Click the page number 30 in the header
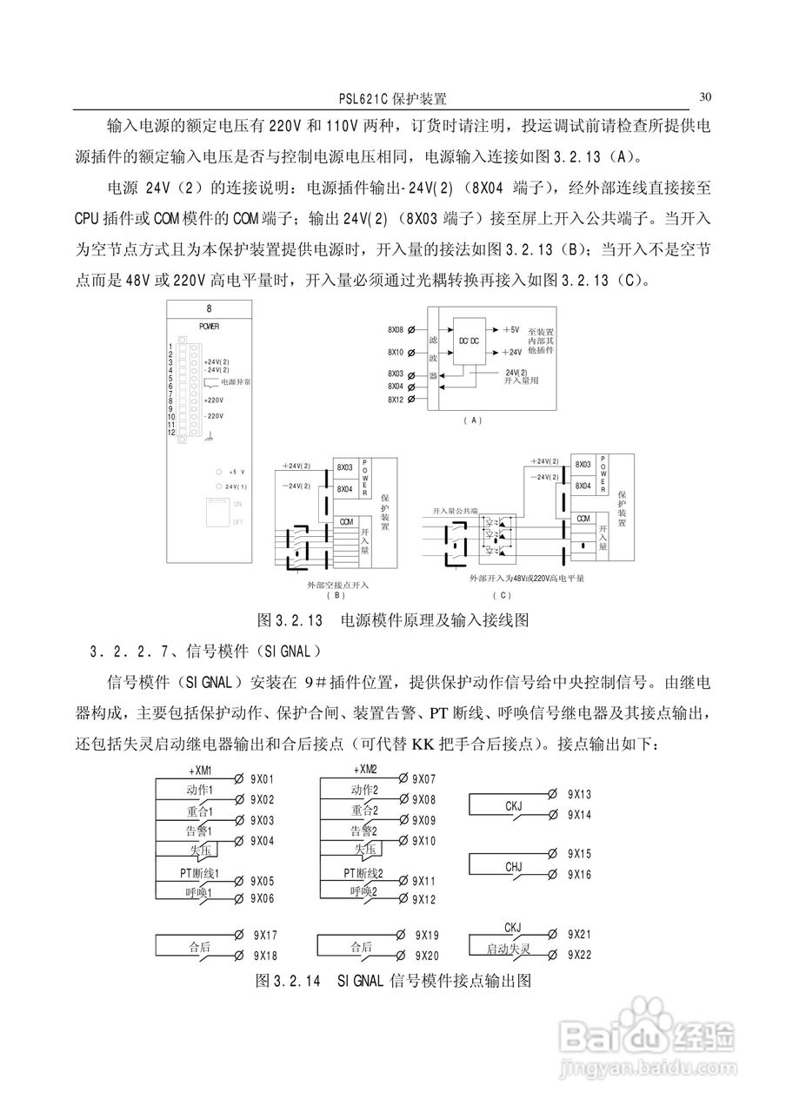[705, 96]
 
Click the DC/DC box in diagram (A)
[469, 341]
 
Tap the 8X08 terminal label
[396, 330]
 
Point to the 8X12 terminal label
[396, 399]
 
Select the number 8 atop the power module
[209, 309]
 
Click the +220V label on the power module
[213, 400]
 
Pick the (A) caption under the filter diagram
[472, 420]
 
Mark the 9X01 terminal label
[263, 779]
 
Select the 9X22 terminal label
[580, 955]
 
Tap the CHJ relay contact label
[514, 867]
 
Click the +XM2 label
[365, 769]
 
